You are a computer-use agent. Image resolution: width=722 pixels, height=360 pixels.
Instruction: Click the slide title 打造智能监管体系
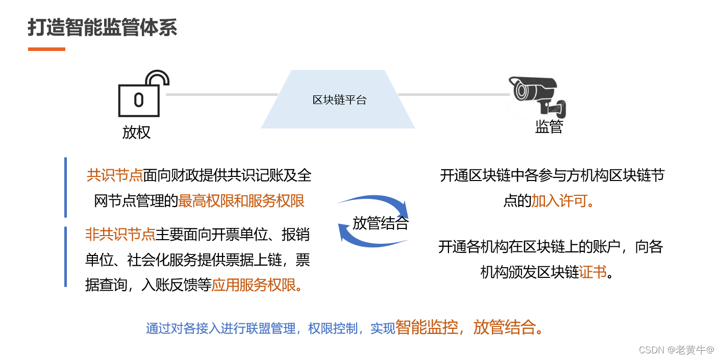click(103, 28)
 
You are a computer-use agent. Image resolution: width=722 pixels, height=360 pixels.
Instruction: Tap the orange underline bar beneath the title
click(46, 49)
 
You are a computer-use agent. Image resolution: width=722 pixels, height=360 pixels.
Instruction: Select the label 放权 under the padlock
click(136, 132)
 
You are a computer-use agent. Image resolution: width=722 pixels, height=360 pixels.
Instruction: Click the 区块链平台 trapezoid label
click(339, 100)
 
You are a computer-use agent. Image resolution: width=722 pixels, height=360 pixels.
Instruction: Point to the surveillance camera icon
click(537, 95)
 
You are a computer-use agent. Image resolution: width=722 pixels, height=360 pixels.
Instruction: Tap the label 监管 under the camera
click(549, 126)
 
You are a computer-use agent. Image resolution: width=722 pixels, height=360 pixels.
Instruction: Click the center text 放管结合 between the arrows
click(380, 223)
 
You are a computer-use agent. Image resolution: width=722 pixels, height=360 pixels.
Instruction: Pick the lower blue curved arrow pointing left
click(372, 240)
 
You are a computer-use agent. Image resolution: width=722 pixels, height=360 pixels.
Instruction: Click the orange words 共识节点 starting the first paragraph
click(114, 175)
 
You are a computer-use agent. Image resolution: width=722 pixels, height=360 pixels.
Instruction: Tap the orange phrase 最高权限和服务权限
click(241, 201)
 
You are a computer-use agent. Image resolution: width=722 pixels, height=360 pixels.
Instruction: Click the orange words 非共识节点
click(120, 235)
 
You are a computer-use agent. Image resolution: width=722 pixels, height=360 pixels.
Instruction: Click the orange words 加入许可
click(559, 201)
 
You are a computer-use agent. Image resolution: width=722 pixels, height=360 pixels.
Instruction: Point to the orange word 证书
click(593, 272)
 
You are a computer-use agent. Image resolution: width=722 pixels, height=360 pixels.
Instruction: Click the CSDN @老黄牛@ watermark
click(676, 350)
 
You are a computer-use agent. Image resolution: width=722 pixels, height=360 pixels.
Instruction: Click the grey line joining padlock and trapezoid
click(221, 94)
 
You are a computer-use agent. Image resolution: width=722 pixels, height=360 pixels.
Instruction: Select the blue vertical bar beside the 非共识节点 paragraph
click(65, 256)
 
